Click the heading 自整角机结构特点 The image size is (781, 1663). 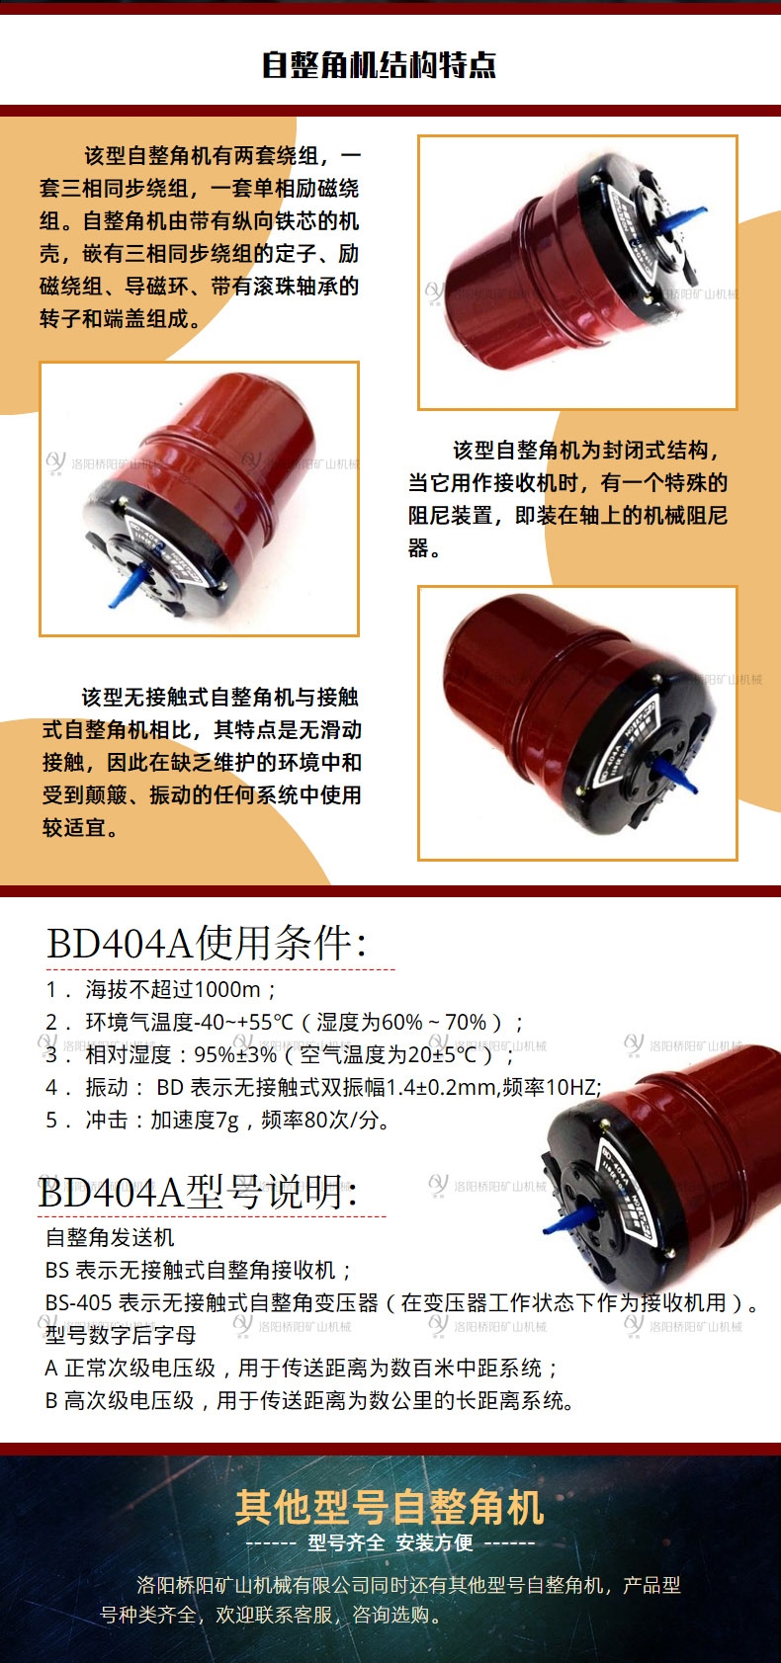pos(379,65)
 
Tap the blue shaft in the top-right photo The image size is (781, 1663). pos(679,218)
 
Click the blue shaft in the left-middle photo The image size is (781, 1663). pos(125,587)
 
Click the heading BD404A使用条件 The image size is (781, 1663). pos(206,944)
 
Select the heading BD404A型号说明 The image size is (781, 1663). pos(198,1193)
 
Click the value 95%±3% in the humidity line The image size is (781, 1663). pos(235,1055)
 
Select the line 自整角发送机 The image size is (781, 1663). pos(110,1237)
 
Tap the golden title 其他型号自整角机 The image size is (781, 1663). pos(390,1508)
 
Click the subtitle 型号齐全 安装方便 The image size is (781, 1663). pos(390,1542)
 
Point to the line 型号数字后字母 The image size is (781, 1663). pos(121,1336)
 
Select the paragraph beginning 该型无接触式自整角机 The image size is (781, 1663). pos(202,763)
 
